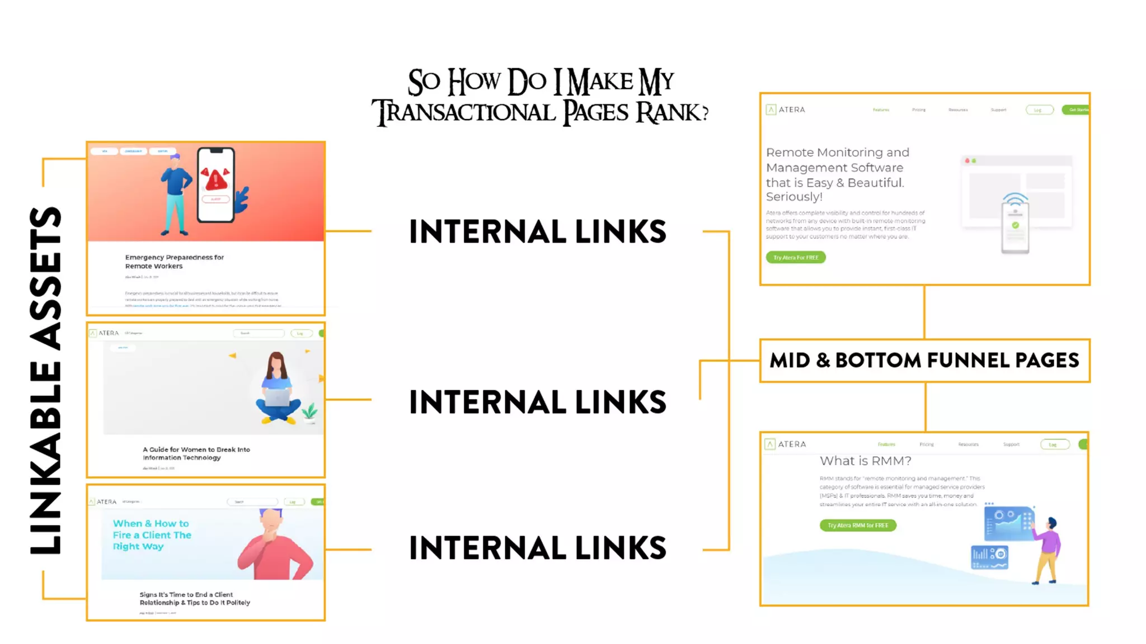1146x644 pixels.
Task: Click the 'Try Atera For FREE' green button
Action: [795, 258]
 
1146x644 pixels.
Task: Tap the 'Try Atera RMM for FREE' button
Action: [857, 525]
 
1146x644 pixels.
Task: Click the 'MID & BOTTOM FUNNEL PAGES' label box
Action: [924, 361]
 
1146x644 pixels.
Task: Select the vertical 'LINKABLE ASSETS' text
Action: [46, 380]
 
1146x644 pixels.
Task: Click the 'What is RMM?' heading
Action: [865, 461]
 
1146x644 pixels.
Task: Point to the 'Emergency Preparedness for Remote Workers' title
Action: [174, 262]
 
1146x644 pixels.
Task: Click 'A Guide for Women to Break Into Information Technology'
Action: [196, 453]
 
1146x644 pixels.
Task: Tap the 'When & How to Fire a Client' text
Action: [152, 535]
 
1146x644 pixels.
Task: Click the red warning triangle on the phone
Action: [216, 179]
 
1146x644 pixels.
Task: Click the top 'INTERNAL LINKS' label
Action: [537, 232]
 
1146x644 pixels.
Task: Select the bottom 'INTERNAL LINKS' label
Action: [537, 548]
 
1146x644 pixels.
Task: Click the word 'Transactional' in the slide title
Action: [464, 112]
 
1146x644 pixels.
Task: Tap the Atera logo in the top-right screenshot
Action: [786, 110]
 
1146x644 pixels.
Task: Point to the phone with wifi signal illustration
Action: [1015, 224]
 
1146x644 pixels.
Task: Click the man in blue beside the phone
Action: [176, 193]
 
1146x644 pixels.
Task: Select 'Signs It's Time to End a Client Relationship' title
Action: [194, 599]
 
